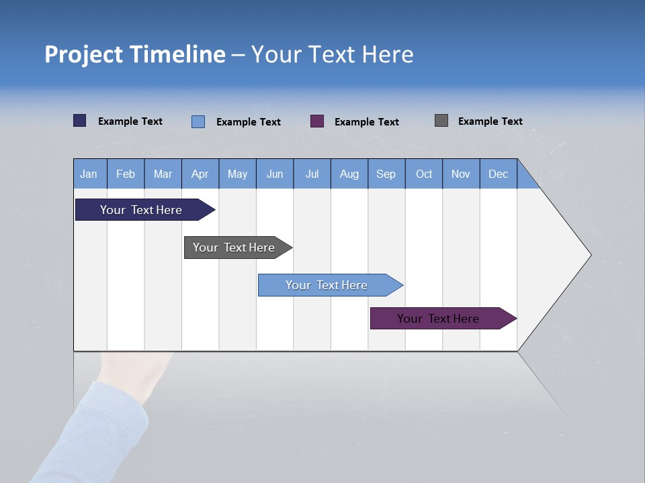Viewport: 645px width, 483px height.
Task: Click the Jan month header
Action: click(89, 174)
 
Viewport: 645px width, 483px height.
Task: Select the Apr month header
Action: click(200, 174)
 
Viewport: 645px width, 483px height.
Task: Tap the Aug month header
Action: click(349, 174)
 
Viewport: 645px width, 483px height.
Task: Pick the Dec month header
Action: click(498, 174)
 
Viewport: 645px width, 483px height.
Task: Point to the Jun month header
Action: click(274, 174)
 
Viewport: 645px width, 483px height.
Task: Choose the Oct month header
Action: click(423, 174)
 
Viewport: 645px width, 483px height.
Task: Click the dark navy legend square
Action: click(80, 121)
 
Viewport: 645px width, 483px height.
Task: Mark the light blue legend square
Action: click(198, 121)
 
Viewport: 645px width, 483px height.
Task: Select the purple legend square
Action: click(317, 121)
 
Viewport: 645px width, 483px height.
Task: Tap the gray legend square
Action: click(441, 121)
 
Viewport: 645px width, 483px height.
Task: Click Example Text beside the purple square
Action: click(366, 122)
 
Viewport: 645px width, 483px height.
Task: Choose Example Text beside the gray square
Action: click(490, 121)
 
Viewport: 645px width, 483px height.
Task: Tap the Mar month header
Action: click(163, 174)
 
